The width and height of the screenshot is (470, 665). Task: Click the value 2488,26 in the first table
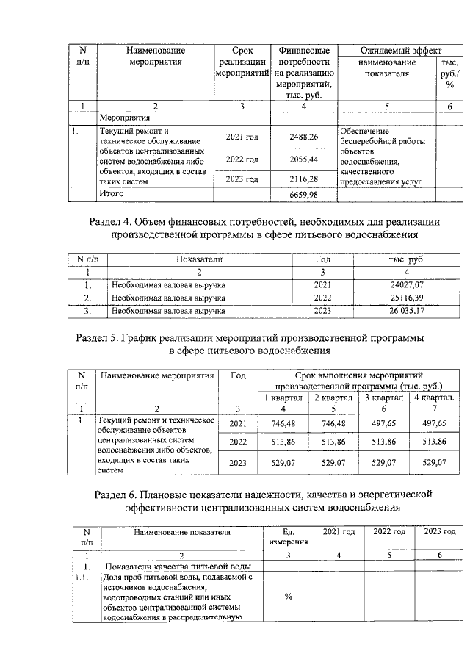tap(303, 137)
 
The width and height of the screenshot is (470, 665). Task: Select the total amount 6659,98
tap(303, 194)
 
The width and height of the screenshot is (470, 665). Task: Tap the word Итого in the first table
tap(112, 193)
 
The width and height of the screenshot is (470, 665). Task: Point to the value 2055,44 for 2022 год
tap(303, 159)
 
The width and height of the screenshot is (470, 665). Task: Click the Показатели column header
tap(199, 259)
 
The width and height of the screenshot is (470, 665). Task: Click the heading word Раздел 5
tap(100, 337)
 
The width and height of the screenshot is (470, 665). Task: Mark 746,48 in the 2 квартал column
tap(334, 424)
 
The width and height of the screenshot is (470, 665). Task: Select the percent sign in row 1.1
tap(288, 596)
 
